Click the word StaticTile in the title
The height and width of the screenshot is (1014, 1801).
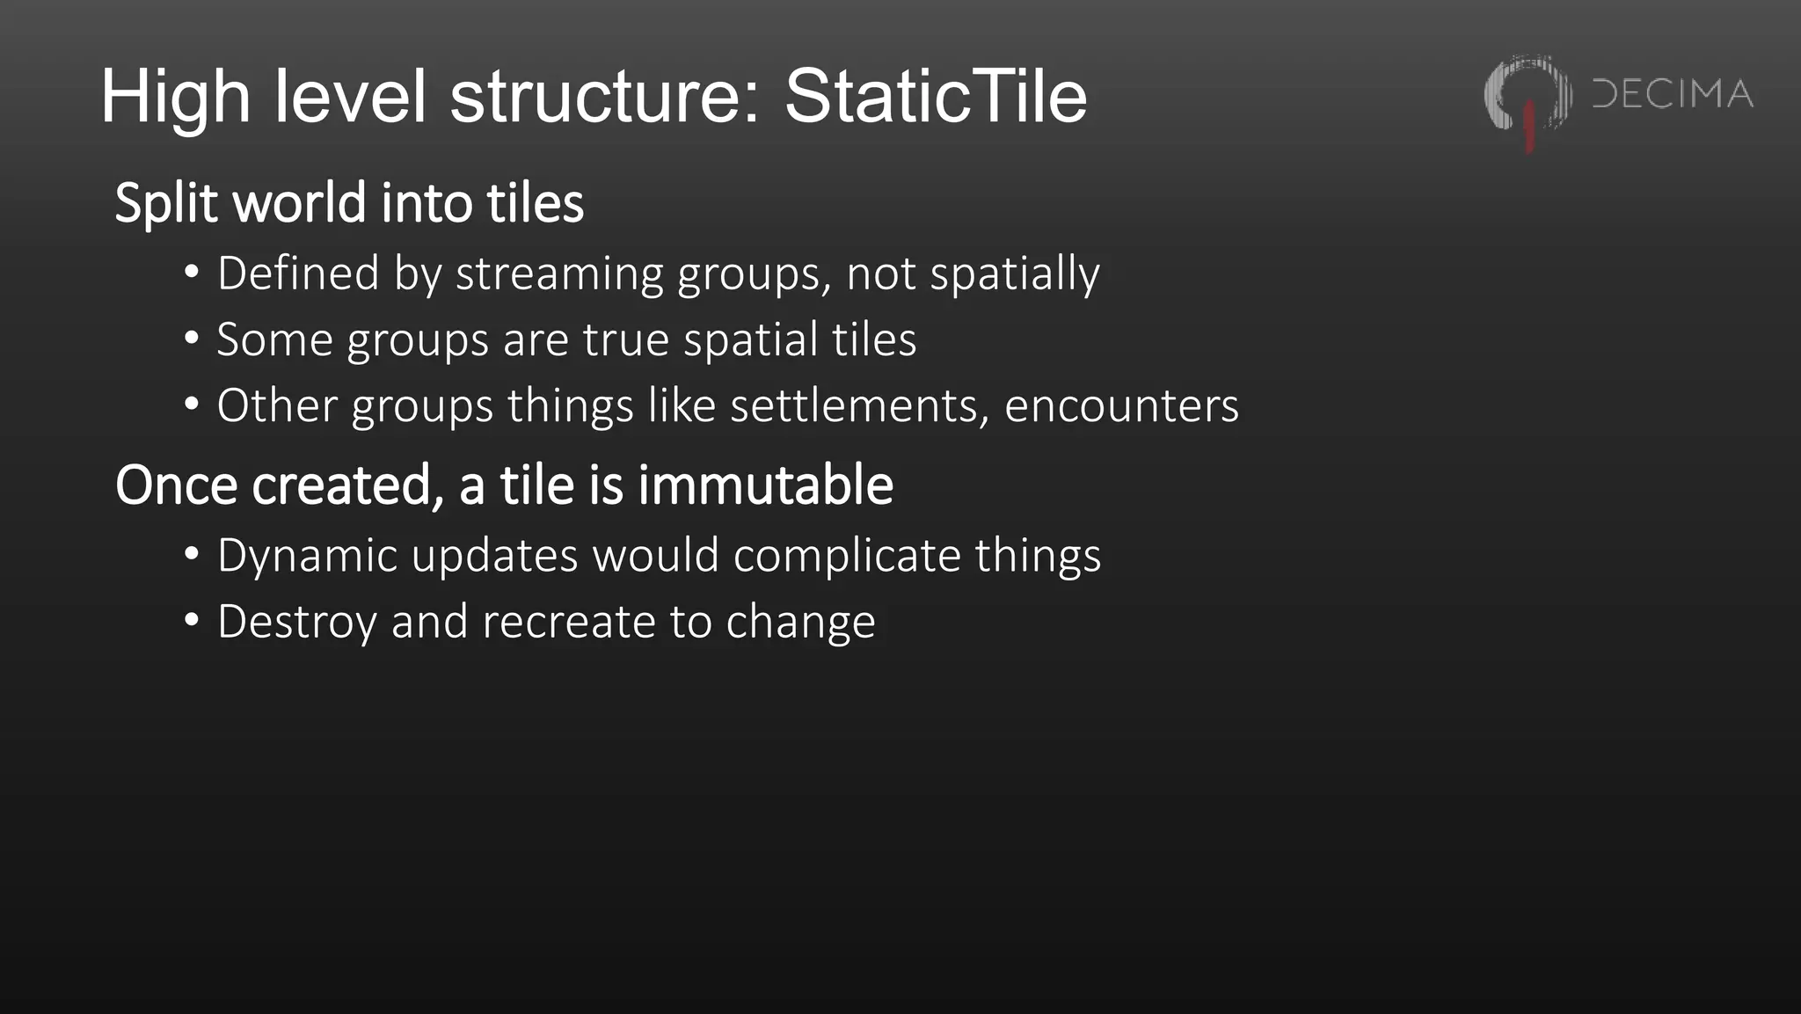tap(936, 96)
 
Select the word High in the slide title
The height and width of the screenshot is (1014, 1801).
tap(175, 98)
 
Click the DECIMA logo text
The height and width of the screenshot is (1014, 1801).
tap(1673, 94)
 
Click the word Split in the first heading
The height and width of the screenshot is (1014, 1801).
tap(166, 204)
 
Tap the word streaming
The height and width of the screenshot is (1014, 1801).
tap(558, 274)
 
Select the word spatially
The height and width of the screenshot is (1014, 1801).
tap(1015, 274)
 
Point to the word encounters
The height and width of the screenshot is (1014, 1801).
tap(1121, 405)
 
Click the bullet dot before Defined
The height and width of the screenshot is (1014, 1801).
tap(192, 273)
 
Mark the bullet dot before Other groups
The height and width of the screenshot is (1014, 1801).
tap(192, 405)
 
